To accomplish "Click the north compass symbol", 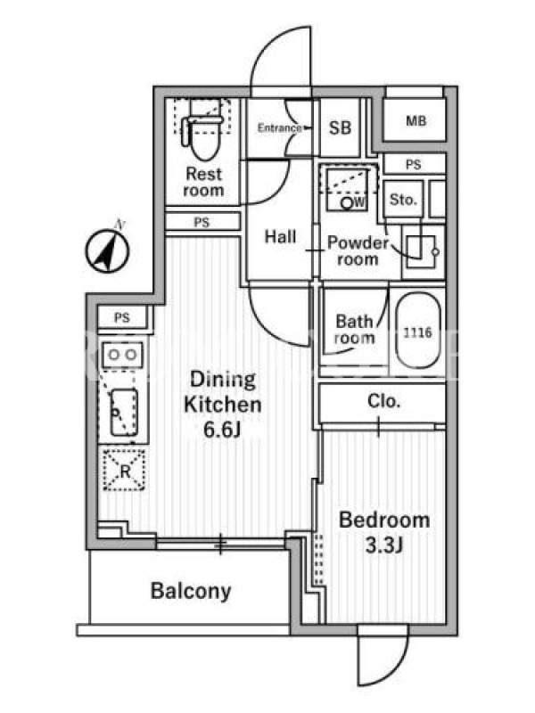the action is coord(107,250).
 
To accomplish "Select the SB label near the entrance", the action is coord(340,127).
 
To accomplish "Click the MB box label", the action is coord(416,120).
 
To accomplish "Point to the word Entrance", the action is coord(279,127).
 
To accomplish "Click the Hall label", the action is coord(280,236).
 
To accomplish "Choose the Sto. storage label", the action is coord(403,199).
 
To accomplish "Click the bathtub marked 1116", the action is coord(417,332).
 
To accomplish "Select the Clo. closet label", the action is coord(383,401).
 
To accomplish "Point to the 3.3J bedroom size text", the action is coord(384,545).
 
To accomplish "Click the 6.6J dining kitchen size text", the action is coord(221,430).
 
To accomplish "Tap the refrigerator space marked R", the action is coord(124,471).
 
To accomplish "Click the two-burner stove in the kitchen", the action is coord(122,355).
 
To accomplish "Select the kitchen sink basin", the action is coord(124,412).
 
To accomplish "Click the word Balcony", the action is coord(191,591).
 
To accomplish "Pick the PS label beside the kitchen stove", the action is coord(122,317).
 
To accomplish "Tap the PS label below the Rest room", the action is coord(202,222).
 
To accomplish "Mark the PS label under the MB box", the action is coord(413,165).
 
